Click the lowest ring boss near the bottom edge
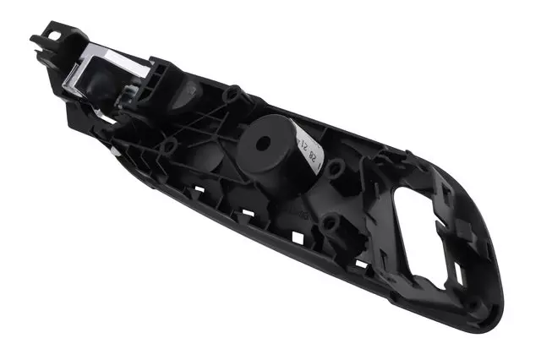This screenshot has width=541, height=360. coord(331,225)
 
